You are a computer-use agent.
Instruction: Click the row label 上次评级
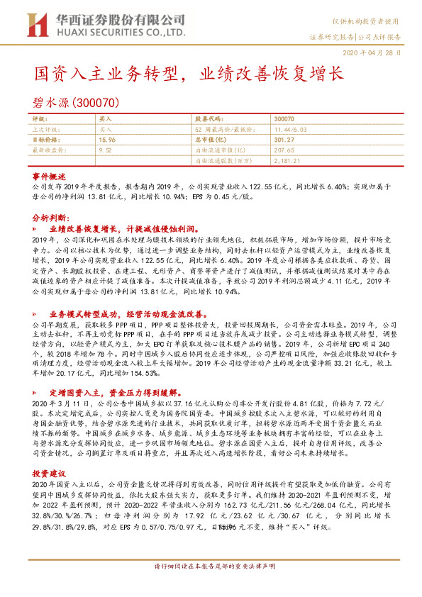(x=46, y=130)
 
